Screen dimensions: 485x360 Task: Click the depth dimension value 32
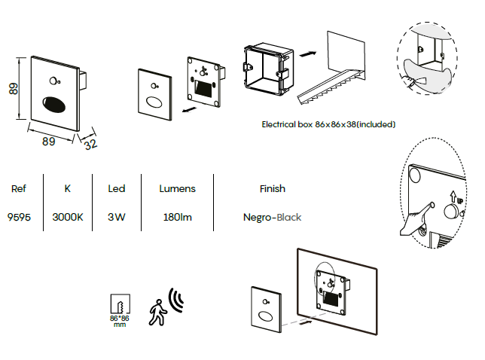point(90,145)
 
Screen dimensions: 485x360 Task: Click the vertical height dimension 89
point(14,89)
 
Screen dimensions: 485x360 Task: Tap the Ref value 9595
point(19,217)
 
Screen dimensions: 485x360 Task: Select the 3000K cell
point(68,217)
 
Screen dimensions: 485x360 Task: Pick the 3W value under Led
point(117,217)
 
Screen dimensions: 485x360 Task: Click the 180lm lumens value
point(178,217)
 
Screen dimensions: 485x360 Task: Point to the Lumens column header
point(178,188)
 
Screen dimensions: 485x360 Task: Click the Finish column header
point(273,188)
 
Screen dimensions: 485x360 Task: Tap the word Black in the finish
point(289,218)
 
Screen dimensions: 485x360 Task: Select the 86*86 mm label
point(120,321)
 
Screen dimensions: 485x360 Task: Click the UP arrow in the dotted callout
point(453,197)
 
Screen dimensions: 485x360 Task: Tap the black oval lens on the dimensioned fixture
point(53,104)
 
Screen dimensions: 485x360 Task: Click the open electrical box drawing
point(268,69)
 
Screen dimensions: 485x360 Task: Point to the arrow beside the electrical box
point(308,53)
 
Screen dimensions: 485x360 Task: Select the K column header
point(68,188)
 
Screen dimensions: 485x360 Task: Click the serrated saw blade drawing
point(331,87)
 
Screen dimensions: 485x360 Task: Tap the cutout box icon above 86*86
point(120,304)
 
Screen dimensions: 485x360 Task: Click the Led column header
point(117,188)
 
